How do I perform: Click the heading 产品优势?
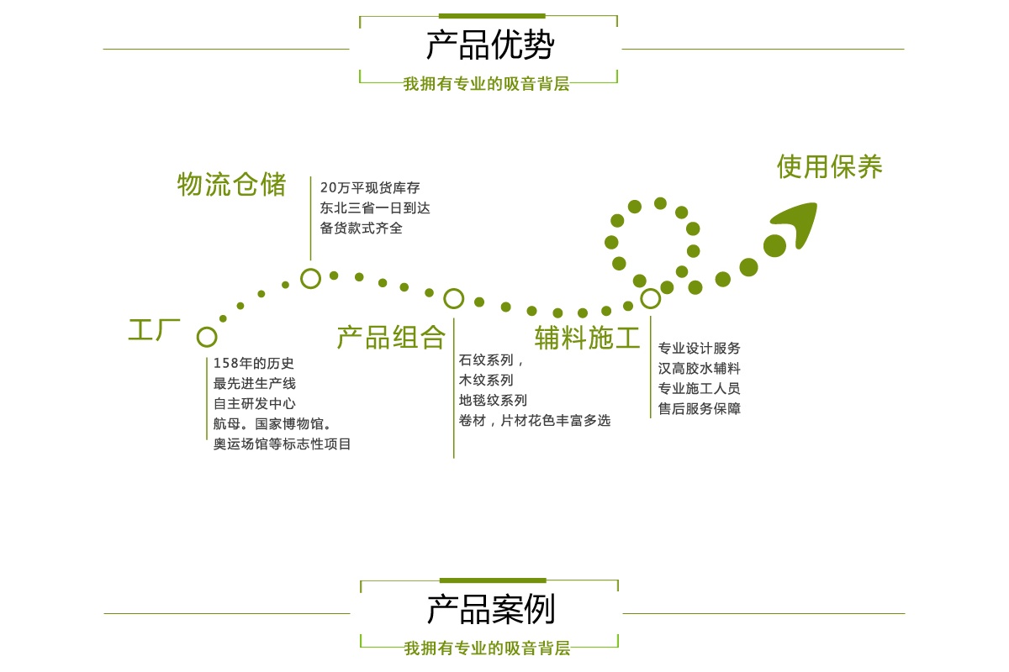489,45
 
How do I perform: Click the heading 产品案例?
490,610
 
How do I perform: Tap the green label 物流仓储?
231,184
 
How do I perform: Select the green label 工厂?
154,329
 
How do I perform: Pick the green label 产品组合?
391,337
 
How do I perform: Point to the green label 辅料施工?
587,337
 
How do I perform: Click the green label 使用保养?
829,166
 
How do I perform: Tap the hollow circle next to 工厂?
207,337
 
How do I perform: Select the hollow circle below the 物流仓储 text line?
310,278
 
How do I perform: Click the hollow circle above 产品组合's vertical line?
453,298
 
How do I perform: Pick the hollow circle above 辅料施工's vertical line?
650,298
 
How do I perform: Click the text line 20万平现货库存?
370,187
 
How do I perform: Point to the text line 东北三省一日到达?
375,207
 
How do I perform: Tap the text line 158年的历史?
254,364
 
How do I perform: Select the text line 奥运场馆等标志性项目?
283,444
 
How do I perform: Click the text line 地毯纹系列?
493,401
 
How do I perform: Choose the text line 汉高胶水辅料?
700,369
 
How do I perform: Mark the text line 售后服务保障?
700,409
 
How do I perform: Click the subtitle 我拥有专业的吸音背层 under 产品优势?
487,84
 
